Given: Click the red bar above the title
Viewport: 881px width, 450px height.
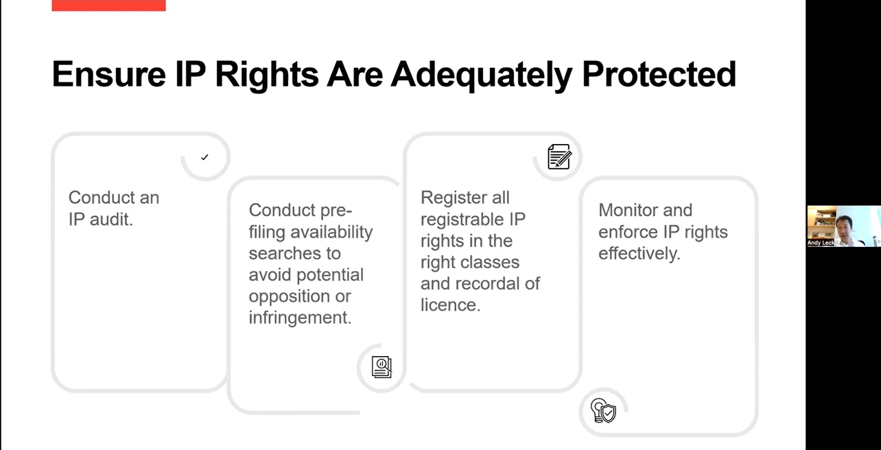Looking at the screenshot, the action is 108,5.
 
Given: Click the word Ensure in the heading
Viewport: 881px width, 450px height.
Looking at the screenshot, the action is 109,74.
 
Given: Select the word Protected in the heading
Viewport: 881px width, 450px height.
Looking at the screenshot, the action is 659,74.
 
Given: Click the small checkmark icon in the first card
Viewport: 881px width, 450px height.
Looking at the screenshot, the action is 204,157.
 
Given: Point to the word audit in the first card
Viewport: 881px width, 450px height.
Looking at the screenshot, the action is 111,220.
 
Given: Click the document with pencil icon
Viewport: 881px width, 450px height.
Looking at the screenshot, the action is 559,156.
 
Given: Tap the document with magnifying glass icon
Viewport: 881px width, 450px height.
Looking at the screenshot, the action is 381,367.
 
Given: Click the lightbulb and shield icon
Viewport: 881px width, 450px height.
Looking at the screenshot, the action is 603,410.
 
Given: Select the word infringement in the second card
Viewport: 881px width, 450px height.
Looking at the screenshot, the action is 300,318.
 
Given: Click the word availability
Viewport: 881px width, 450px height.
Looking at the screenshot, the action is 331,232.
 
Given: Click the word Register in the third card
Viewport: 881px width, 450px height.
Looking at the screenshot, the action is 451,198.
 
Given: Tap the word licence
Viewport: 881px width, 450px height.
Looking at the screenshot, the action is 450,305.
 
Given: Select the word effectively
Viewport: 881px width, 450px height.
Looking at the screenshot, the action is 639,254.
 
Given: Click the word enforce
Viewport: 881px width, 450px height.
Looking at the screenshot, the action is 628,232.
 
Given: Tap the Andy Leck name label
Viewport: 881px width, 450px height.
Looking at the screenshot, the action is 821,243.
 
